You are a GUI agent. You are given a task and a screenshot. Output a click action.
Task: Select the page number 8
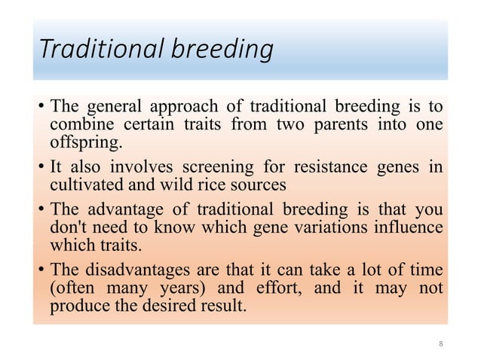point(441,344)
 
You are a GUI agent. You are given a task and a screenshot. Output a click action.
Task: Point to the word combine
point(78,124)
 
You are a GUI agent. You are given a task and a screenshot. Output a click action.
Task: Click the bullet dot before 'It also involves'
point(41,168)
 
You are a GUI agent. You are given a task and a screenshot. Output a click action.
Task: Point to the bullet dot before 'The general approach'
point(41,107)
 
